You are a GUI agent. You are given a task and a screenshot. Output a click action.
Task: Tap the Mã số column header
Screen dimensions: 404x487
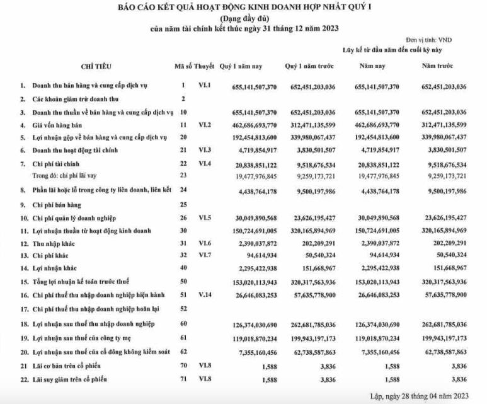pos(183,66)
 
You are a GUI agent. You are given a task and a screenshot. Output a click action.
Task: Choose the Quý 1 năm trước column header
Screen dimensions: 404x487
pos(310,66)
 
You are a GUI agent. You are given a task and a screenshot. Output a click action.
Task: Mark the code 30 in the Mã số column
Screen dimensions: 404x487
pos(183,230)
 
